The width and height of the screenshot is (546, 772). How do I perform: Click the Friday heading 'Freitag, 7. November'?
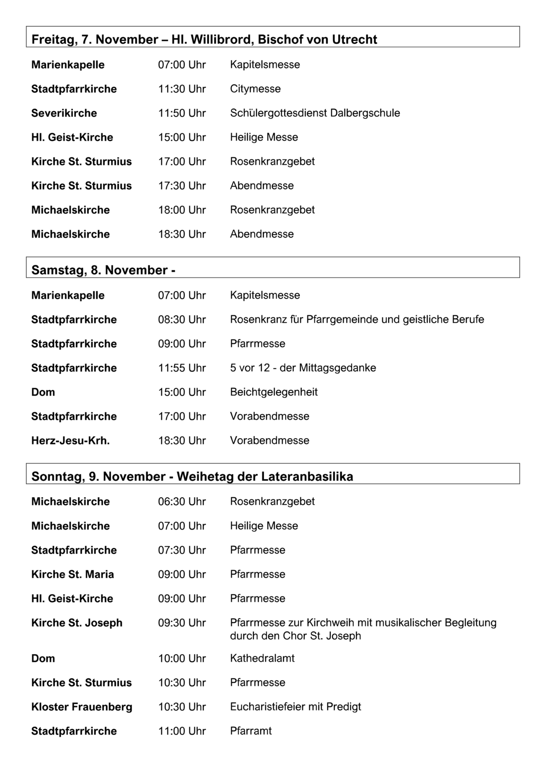coord(95,40)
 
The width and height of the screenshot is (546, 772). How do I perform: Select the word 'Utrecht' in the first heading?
coord(354,40)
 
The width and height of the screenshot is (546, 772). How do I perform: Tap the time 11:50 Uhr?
coord(182,113)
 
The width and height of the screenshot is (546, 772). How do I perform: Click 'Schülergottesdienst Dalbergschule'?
coord(315,113)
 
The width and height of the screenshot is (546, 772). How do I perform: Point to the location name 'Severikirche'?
coord(64,113)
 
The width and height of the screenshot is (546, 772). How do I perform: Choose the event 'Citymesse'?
coord(255,89)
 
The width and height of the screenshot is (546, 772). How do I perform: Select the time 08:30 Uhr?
coord(182,320)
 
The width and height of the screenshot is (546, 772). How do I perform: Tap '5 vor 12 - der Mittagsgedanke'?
coord(303,368)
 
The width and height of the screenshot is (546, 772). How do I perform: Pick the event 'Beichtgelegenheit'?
coord(274,392)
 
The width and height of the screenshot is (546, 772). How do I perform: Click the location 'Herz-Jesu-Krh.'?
coord(71,441)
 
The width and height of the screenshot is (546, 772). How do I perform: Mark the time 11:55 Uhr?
coord(182,368)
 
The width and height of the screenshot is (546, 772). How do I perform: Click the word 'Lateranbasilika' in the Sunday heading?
coord(307,477)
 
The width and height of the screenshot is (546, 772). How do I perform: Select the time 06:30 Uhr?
coord(182,502)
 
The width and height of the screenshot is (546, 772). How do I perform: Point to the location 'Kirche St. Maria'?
coord(73,575)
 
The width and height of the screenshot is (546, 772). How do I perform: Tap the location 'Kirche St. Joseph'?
coord(77,623)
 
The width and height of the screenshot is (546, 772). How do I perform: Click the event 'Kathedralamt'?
coord(263,658)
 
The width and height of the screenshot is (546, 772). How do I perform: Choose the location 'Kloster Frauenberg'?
coord(82,707)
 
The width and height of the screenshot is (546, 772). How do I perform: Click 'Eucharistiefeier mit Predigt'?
coord(296,707)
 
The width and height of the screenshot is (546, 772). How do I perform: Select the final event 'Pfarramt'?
coord(251,731)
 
